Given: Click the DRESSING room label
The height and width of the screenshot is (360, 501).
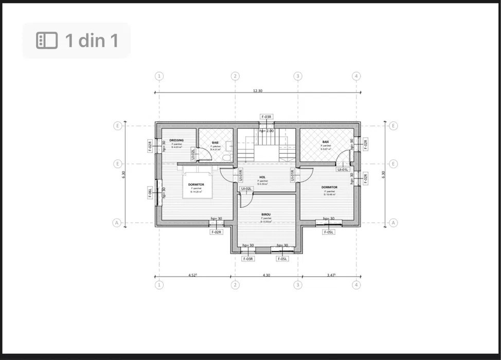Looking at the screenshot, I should click(x=176, y=140).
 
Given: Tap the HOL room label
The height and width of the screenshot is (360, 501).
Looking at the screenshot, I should click(x=262, y=177).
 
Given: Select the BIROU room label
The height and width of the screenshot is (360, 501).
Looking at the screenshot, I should click(x=266, y=214).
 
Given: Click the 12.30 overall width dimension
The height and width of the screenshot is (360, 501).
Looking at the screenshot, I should click(x=257, y=91).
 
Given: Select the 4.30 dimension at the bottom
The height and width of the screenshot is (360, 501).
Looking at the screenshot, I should click(x=266, y=275).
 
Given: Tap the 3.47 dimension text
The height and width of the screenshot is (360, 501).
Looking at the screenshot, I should click(x=331, y=275).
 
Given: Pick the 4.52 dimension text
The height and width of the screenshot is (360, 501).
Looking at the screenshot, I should click(x=193, y=275).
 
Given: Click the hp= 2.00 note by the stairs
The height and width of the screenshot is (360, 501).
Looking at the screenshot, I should click(x=266, y=131).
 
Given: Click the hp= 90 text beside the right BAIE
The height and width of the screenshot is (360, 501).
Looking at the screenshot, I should click(x=352, y=144).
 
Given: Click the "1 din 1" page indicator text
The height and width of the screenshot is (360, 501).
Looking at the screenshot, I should click(x=92, y=40).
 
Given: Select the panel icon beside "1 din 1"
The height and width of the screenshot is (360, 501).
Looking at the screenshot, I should click(x=46, y=40).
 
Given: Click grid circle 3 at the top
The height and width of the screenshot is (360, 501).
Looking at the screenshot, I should click(x=297, y=76).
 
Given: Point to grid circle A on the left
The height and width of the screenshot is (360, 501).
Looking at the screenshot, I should click(x=117, y=223).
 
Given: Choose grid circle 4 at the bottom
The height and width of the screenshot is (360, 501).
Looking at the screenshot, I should click(x=356, y=285).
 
